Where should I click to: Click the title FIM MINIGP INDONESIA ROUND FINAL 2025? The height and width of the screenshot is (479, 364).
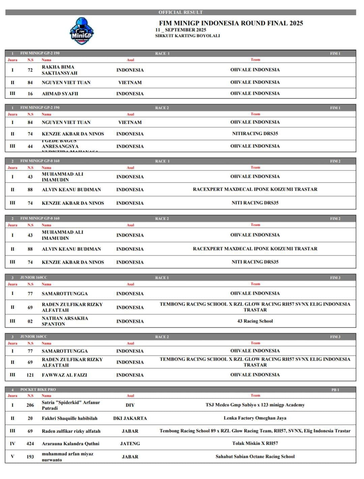(x=231, y=23)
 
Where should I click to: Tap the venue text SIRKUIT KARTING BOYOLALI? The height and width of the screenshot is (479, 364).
(x=187, y=36)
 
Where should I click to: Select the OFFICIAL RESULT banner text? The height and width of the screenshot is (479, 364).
(x=181, y=12)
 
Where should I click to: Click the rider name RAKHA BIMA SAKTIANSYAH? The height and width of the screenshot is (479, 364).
(x=59, y=70)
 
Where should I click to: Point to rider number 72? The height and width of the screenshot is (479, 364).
(x=30, y=70)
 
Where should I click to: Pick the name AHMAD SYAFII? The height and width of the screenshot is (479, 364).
(x=60, y=94)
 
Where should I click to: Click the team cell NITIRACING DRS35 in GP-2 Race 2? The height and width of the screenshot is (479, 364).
(x=255, y=134)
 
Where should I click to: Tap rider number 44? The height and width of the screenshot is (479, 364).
(x=30, y=147)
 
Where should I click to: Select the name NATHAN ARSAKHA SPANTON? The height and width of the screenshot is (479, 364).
(x=65, y=321)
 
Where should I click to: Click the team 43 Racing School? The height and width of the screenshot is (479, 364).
(x=255, y=321)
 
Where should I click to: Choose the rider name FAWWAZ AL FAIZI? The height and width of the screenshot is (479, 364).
(x=64, y=375)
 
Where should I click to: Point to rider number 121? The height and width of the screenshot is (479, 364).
(x=30, y=375)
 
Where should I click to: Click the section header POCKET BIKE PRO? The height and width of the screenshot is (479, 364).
(x=38, y=390)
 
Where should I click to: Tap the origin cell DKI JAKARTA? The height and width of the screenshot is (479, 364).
(x=130, y=418)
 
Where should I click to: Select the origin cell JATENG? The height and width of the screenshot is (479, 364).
(x=130, y=444)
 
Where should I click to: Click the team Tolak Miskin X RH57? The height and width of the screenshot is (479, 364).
(x=255, y=444)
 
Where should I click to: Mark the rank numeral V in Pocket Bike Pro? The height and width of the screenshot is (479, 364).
(x=12, y=457)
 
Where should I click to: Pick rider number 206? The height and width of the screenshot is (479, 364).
(x=30, y=405)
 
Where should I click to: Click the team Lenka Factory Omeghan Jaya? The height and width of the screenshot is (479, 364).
(x=255, y=418)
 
